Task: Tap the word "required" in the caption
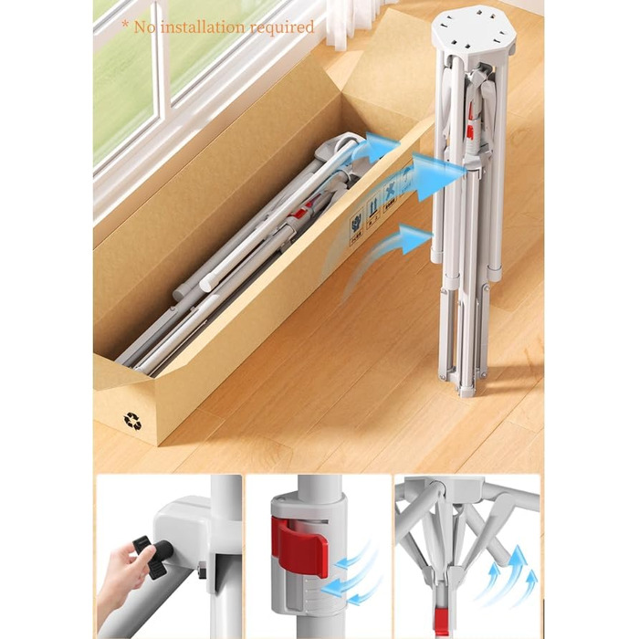(281, 27)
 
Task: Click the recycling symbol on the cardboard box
(132, 421)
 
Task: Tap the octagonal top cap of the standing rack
(472, 31)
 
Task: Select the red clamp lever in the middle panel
(300, 545)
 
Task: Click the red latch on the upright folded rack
(471, 122)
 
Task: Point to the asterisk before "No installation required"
(126, 25)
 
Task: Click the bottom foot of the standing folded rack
(467, 393)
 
